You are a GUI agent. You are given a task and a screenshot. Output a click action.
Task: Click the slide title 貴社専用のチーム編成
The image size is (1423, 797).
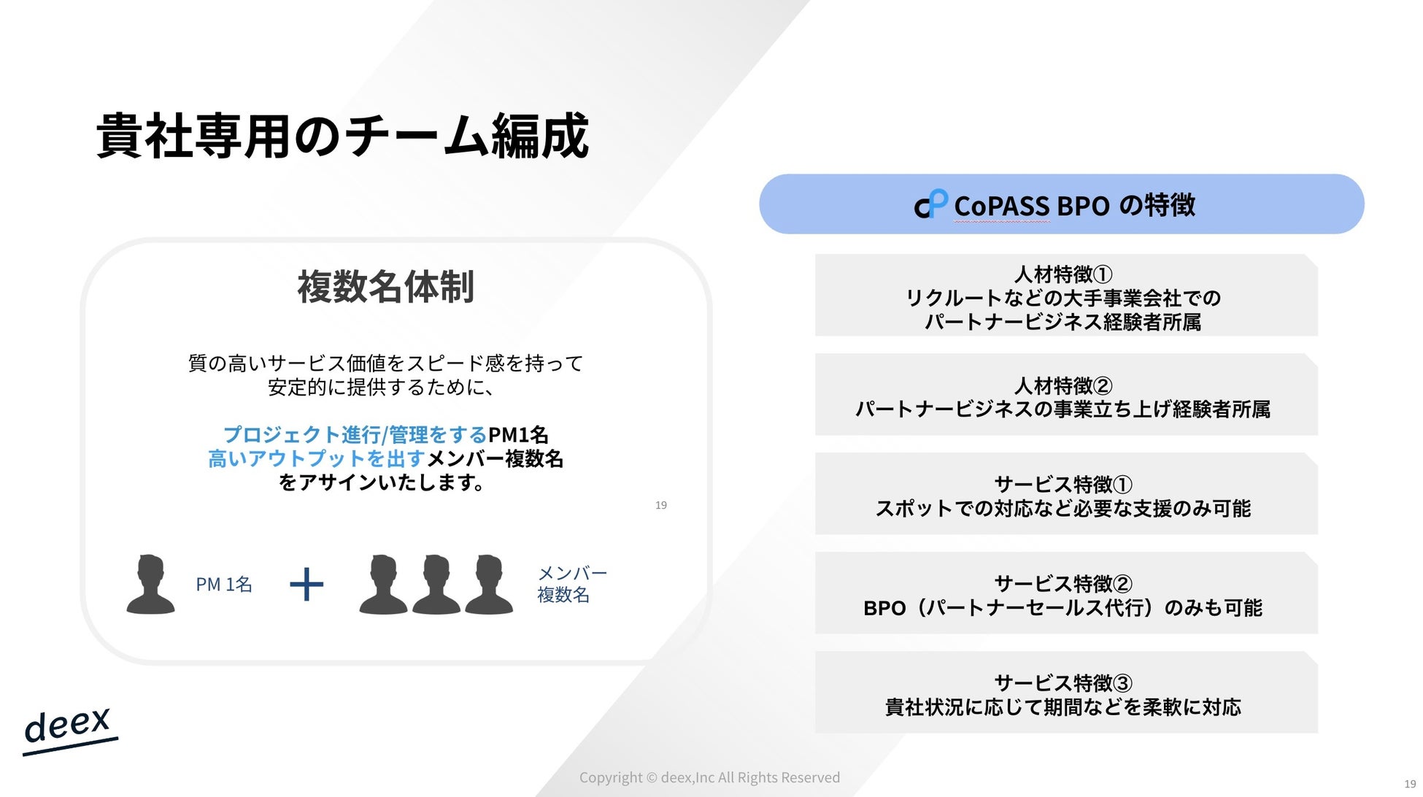tap(342, 136)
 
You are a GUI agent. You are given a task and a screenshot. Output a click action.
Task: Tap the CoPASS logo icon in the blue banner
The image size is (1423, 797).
tap(930, 204)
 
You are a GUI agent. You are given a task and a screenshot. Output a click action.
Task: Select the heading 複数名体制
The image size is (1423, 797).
tap(385, 286)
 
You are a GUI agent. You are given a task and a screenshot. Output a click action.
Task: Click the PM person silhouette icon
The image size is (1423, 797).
tap(150, 584)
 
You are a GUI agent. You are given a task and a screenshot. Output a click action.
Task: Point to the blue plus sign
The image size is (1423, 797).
tap(306, 585)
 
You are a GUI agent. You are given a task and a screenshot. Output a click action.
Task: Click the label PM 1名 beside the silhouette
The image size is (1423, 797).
tap(224, 585)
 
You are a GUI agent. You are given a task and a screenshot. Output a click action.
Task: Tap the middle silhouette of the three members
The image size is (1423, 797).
tap(436, 584)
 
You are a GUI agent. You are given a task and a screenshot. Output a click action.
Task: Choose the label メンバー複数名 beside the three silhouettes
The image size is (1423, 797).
tap(572, 584)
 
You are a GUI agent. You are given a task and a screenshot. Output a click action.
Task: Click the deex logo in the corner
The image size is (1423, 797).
tap(69, 729)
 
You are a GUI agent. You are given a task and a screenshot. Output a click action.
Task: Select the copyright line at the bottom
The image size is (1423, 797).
tap(709, 777)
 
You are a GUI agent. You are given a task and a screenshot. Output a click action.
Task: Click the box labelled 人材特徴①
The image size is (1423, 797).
tap(1066, 295)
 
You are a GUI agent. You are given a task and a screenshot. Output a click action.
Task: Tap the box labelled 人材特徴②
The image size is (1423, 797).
tap(1066, 394)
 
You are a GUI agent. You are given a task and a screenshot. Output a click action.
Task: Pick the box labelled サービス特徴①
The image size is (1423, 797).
tap(1066, 493)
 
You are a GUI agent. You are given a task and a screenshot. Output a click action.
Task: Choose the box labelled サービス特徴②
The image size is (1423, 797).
tap(1066, 593)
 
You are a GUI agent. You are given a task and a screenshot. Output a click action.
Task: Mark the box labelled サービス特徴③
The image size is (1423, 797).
tap(1066, 692)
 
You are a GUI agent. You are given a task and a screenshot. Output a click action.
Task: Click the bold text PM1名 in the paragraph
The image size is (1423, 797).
tap(518, 435)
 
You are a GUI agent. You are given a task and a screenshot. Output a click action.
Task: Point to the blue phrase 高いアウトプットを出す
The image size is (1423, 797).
tap(316, 458)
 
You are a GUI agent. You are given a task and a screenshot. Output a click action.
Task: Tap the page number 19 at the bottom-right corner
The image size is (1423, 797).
tap(1410, 784)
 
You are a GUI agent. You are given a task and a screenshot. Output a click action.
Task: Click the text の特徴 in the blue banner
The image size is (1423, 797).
tap(1157, 205)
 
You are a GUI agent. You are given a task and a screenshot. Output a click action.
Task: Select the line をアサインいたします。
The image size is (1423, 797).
tap(382, 482)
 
